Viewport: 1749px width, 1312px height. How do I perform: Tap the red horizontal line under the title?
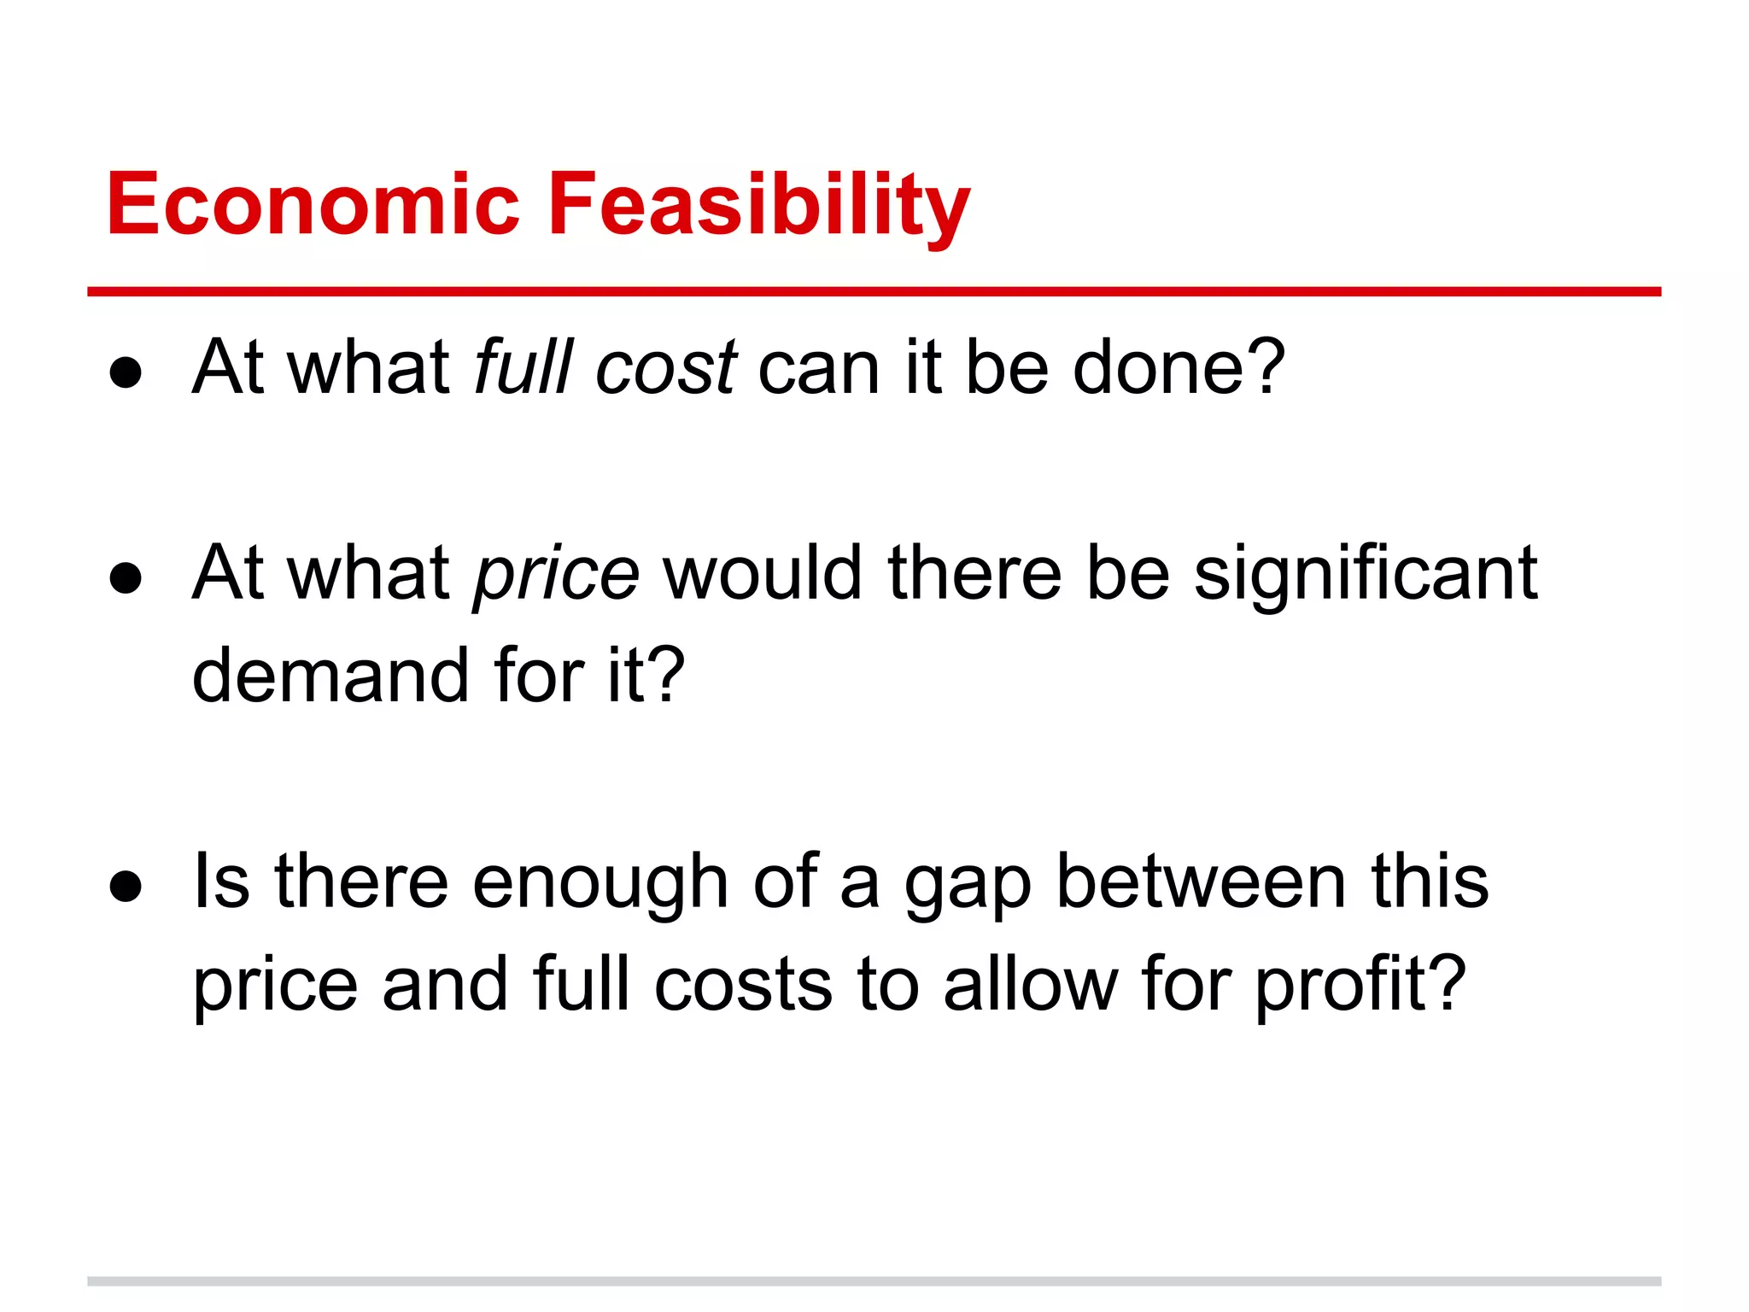pos(874,292)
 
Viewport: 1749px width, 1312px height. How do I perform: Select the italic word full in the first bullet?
pos(524,367)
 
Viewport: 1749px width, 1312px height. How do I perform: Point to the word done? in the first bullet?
pos(1179,367)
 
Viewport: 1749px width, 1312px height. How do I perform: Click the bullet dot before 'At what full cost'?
pos(126,372)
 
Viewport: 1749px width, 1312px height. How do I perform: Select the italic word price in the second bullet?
pos(556,574)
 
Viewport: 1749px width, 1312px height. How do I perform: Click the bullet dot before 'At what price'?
pos(126,578)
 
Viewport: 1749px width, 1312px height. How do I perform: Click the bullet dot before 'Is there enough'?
pos(126,887)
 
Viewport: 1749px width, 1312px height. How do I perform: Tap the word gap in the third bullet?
pos(968,885)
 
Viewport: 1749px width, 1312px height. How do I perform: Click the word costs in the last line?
pos(743,986)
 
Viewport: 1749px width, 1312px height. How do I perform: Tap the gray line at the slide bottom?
pos(874,1281)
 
